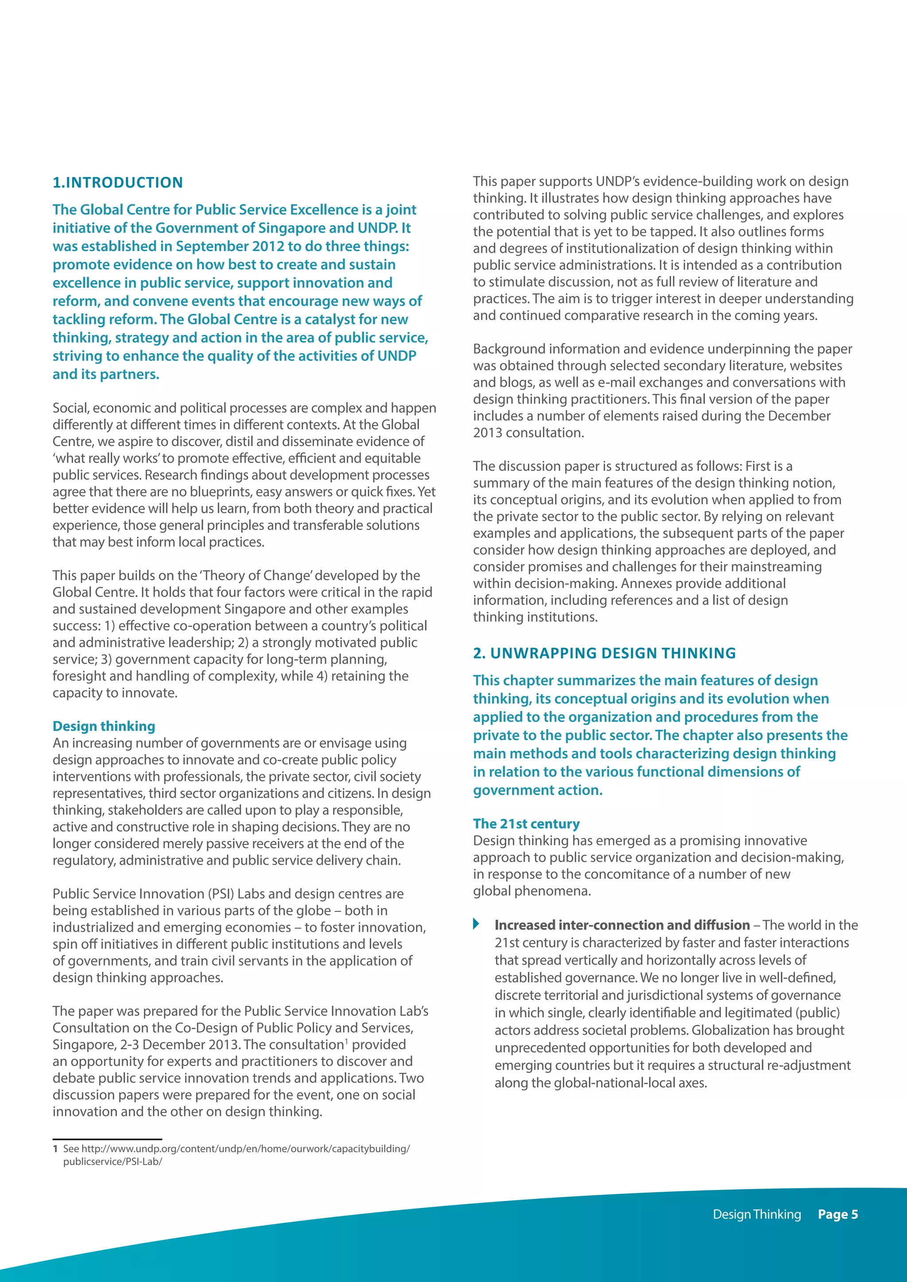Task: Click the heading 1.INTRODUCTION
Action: point(117,182)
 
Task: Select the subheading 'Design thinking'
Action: point(104,726)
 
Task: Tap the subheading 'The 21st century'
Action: point(526,823)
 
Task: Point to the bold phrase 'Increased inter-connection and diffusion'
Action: point(622,925)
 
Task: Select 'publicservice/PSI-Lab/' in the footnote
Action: point(112,1162)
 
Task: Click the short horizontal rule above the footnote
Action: point(107,1139)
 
